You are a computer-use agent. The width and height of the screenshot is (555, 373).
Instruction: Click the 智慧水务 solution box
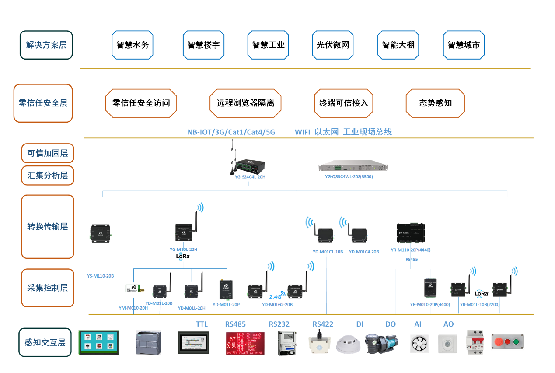(x=133, y=45)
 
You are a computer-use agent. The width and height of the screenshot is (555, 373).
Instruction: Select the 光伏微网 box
(x=333, y=45)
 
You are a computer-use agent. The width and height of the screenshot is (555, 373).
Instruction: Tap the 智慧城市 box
(x=464, y=45)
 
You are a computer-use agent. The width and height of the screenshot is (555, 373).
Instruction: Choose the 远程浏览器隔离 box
(x=245, y=103)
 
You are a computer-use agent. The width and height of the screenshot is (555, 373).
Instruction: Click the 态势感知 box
(x=435, y=103)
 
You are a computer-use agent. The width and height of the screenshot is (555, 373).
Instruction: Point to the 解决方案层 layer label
(x=46, y=45)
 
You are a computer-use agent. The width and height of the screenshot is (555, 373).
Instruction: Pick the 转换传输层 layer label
(x=47, y=227)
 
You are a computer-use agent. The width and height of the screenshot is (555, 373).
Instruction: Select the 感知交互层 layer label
(x=45, y=342)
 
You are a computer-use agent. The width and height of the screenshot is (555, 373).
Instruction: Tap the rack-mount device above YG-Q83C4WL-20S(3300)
(x=353, y=167)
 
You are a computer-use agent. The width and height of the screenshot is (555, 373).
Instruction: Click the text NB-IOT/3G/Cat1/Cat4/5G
(x=231, y=132)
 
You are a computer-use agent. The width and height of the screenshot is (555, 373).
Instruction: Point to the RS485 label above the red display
(x=235, y=324)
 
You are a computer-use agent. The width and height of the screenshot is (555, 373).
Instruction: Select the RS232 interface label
(x=279, y=324)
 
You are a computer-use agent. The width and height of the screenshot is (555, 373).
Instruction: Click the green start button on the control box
(x=516, y=341)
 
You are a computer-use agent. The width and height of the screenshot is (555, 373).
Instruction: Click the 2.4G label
(x=275, y=296)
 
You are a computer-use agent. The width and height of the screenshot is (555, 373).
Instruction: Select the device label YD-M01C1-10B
(x=328, y=252)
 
